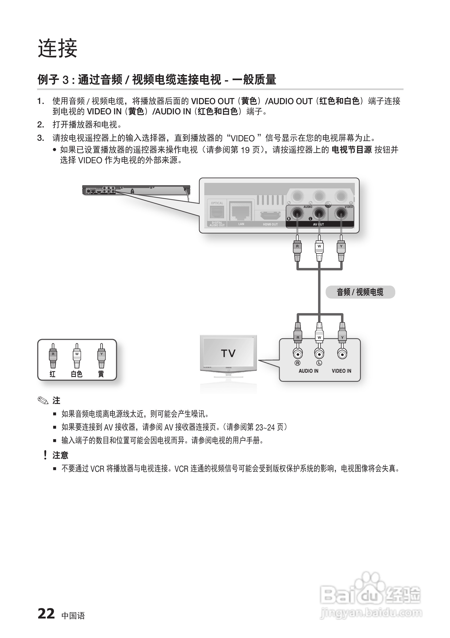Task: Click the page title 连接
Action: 57,48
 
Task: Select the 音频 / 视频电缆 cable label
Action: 360,292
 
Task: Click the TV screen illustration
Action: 228,353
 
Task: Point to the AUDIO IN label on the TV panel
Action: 308,371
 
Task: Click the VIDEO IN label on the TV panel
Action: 341,371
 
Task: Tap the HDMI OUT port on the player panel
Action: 270,216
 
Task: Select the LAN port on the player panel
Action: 241,211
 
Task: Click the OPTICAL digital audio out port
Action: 217,212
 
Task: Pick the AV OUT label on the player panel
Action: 318,224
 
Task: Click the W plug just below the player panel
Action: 319,248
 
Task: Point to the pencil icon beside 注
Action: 43,400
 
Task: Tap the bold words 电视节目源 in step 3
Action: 352,150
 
